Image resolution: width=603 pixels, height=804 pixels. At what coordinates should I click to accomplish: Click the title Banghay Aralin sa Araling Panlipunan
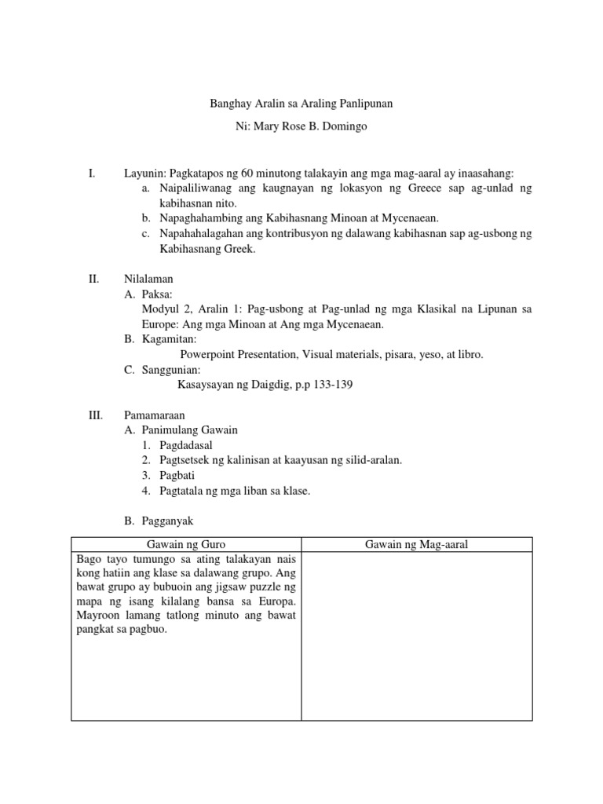(301, 103)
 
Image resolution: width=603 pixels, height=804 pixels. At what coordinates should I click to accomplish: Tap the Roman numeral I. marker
(93, 174)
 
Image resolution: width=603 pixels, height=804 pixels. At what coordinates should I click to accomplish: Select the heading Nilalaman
(149, 278)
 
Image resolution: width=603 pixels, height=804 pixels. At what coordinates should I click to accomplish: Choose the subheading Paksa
(158, 294)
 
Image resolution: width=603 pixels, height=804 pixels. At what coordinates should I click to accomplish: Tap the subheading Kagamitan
(169, 339)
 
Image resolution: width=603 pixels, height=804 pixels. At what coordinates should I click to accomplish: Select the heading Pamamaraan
(155, 415)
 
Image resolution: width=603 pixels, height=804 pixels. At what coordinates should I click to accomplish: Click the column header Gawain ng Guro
(186, 545)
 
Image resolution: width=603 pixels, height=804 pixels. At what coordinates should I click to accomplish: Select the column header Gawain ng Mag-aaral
(416, 545)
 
